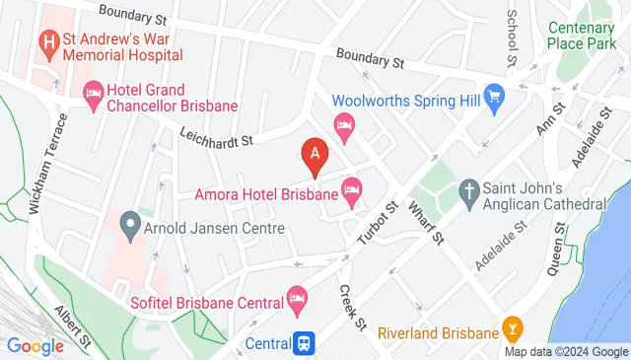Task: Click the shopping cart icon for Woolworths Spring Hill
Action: coord(495,100)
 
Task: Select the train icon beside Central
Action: coord(307,343)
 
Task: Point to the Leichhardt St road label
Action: coord(217,135)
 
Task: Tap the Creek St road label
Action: coord(352,307)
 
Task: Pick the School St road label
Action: coord(512,37)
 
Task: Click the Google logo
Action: coord(35,346)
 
